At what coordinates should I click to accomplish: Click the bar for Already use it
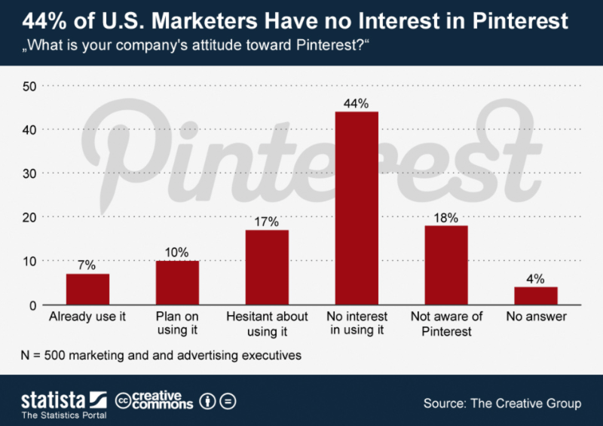[87, 290]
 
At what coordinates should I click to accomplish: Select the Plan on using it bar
[177, 283]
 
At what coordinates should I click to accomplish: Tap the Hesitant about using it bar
[267, 268]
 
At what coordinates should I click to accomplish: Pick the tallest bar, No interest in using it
[357, 208]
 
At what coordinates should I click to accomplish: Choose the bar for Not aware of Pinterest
[446, 265]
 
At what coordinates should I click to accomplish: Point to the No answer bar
[536, 296]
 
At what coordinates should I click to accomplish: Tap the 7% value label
[87, 265]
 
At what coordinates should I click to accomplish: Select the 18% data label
[446, 217]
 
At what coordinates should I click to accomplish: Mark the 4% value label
[536, 278]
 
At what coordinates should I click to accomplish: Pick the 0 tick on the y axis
[34, 305]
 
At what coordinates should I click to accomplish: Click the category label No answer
[536, 317]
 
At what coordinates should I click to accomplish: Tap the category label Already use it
[87, 317]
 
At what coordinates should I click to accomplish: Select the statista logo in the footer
[63, 400]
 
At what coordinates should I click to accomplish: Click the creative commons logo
[155, 400]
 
